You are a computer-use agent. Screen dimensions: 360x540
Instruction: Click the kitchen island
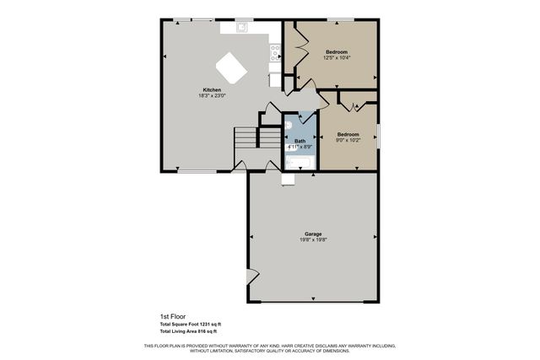[x=231, y=67]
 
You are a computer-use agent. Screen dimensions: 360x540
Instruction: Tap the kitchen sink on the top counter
[x=241, y=27]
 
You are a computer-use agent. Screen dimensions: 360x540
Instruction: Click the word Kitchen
[x=212, y=90]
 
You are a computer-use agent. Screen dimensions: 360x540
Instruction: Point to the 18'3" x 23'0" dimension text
[x=212, y=96]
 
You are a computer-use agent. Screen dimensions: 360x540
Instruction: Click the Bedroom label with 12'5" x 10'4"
[x=337, y=52]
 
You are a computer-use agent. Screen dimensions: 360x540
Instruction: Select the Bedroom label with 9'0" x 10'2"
[x=348, y=134]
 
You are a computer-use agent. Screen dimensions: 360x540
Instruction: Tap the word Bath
[x=300, y=141]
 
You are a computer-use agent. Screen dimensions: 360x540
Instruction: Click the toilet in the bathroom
[x=289, y=125]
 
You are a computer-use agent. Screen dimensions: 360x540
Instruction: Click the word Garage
[x=313, y=234]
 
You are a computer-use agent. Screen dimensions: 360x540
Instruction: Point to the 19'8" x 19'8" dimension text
[x=313, y=239]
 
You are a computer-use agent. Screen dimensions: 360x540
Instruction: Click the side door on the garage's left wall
[x=251, y=277]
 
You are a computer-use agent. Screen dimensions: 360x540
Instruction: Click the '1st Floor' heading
[x=172, y=316]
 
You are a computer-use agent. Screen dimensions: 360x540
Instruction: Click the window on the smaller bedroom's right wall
[x=378, y=135]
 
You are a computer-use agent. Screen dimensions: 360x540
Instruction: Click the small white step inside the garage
[x=289, y=177]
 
